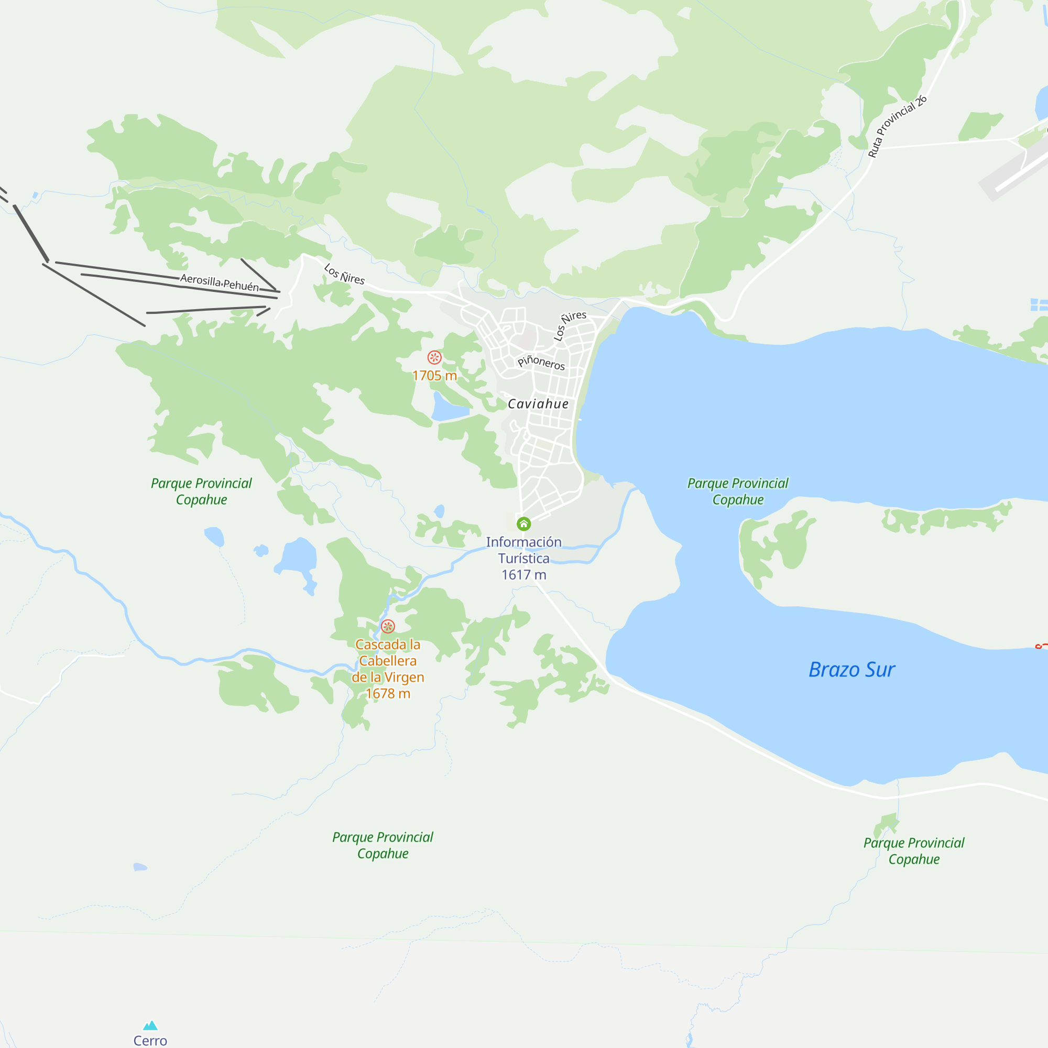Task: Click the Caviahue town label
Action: tap(538, 403)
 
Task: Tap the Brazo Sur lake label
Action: tap(851, 669)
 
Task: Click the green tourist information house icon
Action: tap(523, 523)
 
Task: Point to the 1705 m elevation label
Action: tap(434, 375)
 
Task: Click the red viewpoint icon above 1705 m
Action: tap(434, 357)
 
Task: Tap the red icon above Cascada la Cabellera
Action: tap(387, 626)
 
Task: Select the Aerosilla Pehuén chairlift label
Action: tap(219, 282)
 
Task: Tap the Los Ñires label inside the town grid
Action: tap(569, 325)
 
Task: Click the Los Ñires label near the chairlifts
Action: tap(344, 274)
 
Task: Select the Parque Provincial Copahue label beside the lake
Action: tap(737, 491)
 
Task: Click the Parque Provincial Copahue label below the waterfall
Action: tap(383, 845)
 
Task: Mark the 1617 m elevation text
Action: tap(523, 574)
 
